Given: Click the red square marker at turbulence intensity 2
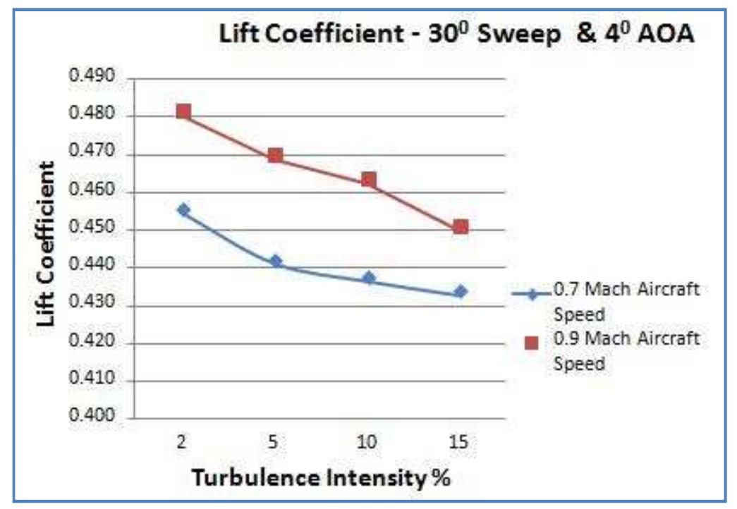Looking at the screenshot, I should (x=183, y=111).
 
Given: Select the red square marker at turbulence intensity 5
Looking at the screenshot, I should (x=276, y=155).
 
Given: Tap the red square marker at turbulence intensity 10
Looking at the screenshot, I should (x=368, y=180).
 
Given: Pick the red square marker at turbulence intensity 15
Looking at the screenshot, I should (x=461, y=227).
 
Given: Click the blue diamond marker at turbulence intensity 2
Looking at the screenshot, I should (x=183, y=210).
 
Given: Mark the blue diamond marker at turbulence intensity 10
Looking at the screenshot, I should (x=368, y=278).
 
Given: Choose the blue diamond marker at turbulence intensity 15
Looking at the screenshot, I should (x=461, y=291).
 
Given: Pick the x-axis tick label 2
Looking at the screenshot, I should (x=183, y=443).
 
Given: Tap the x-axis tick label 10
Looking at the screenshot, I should (x=367, y=443).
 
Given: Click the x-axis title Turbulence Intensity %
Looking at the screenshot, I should (x=320, y=477).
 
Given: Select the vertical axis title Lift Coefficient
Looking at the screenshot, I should (x=47, y=243).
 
